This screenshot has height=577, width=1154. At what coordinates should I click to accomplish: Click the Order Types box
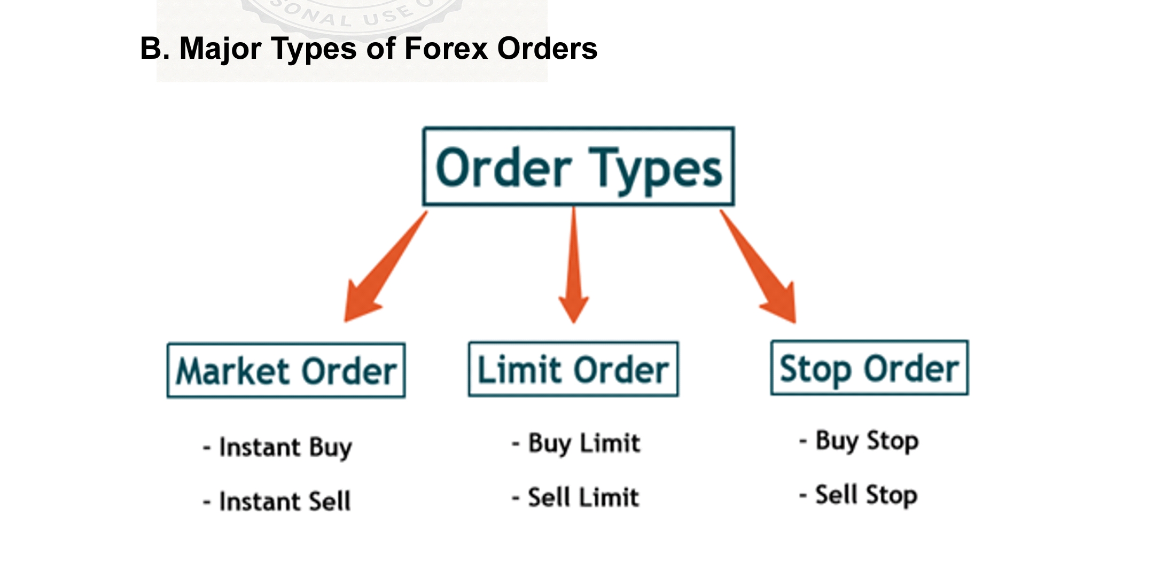point(579,166)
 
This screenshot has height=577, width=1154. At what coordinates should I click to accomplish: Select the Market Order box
point(286,370)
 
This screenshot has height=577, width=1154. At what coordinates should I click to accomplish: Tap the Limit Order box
point(573,369)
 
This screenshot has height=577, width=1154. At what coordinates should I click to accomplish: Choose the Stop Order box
point(869,368)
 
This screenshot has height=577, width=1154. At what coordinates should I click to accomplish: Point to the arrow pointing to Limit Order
point(574,267)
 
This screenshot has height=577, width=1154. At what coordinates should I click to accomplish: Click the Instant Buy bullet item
point(278,447)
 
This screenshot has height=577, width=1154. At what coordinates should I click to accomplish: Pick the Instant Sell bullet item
point(277,501)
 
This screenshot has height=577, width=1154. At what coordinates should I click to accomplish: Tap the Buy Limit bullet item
point(576,443)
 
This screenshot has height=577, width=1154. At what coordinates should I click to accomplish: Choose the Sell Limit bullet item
point(576,497)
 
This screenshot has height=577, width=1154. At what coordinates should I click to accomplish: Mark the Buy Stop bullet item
point(859,441)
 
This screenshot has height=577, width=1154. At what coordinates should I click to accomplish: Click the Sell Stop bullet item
point(859,495)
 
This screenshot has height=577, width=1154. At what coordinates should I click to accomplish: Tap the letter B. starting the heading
point(152,49)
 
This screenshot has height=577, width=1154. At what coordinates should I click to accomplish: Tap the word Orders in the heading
point(547,49)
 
